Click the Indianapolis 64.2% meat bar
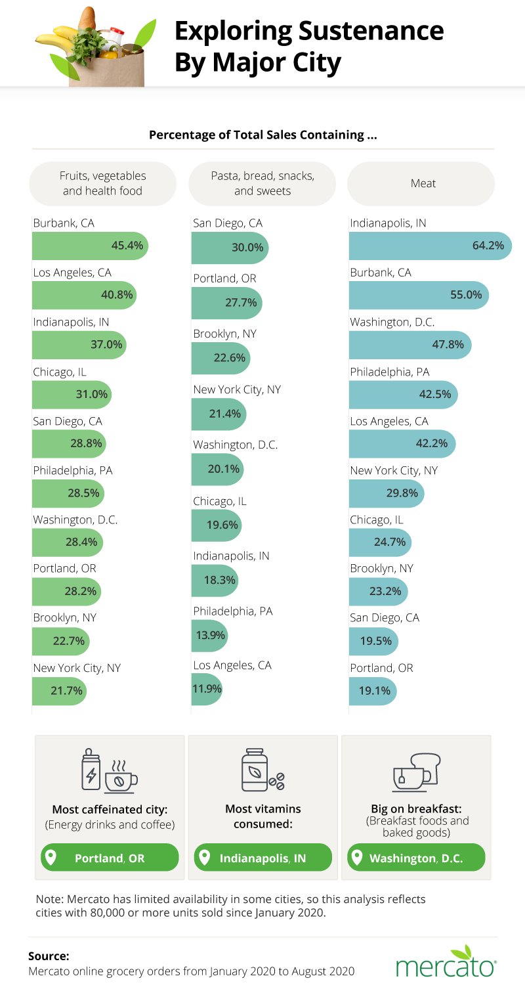point(430,246)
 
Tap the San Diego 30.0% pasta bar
point(230,248)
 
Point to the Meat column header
point(423,183)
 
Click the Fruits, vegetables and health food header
point(103,183)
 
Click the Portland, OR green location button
point(110,858)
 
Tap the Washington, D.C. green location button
point(415,858)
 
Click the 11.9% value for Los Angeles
point(209,689)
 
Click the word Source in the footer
point(49,956)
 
